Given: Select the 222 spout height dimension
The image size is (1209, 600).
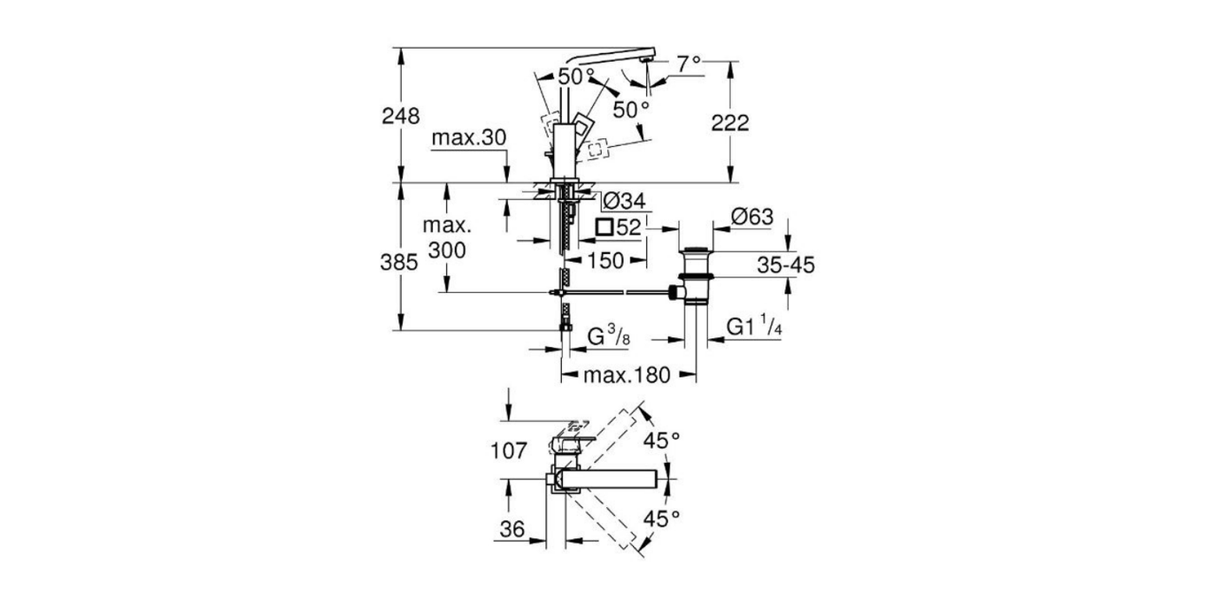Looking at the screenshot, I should [729, 123].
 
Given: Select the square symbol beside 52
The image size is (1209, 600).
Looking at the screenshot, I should [604, 227].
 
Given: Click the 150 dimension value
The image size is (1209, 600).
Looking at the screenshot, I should [606, 260].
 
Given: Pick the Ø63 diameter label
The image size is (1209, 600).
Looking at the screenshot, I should [752, 217].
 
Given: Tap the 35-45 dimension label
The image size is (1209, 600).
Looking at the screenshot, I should [785, 264].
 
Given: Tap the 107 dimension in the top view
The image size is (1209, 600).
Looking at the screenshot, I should [509, 451].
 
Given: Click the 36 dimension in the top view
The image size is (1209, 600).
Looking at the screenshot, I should [512, 529].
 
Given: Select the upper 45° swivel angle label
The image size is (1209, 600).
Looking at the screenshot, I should [662, 439].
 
